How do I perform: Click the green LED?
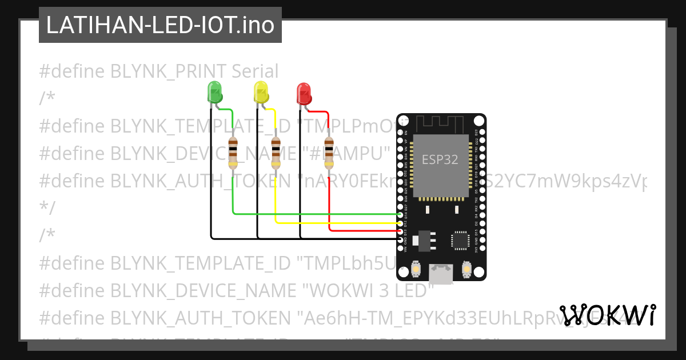click(x=214, y=91)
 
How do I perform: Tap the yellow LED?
click(x=261, y=91)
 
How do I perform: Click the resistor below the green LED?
click(x=233, y=153)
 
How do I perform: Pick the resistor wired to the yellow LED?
click(x=276, y=153)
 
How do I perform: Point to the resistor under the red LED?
click(x=329, y=153)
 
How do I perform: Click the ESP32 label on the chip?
click(x=440, y=160)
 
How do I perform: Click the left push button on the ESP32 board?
click(x=417, y=269)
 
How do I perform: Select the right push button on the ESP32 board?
click(x=466, y=269)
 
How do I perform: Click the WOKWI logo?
click(x=608, y=315)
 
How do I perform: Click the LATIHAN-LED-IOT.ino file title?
click(x=160, y=25)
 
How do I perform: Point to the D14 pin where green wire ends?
click(x=400, y=215)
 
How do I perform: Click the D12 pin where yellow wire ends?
click(x=400, y=223)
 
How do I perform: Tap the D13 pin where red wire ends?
click(x=400, y=231)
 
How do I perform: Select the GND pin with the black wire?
click(x=400, y=238)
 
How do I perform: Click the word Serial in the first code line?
click(x=255, y=71)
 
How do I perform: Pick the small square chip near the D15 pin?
click(x=461, y=240)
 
